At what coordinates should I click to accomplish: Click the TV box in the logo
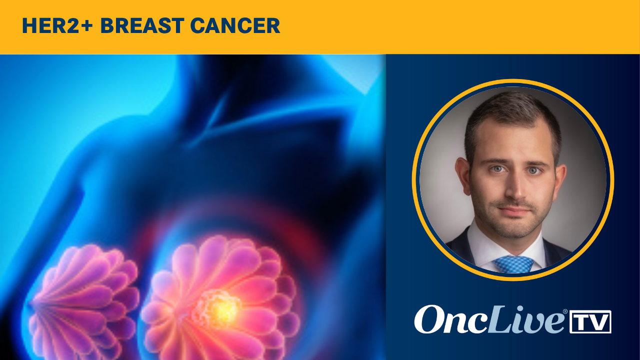click(x=590, y=321)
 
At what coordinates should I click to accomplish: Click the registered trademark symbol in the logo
click(x=565, y=311)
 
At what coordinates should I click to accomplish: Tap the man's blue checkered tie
click(x=513, y=264)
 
